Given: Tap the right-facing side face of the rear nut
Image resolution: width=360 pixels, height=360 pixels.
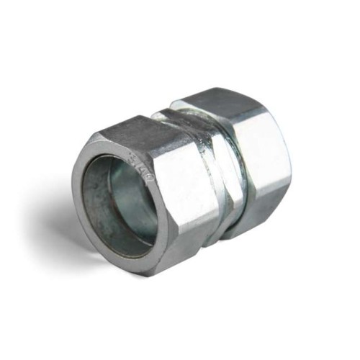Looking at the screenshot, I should point(266,166).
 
